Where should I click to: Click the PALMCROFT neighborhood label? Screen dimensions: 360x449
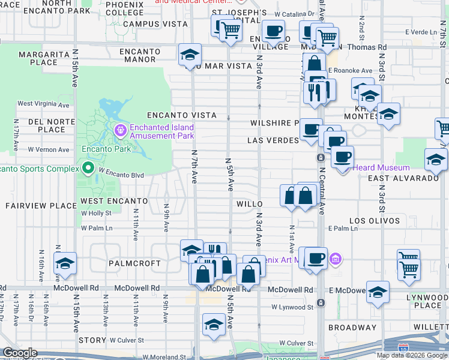(135, 263)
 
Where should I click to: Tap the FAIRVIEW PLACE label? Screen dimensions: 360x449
(33, 206)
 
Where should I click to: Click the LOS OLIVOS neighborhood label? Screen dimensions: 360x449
(375, 221)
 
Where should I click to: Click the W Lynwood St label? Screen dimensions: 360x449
(292, 307)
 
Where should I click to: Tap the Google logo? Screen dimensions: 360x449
(20, 353)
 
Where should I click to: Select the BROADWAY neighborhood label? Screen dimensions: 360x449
(352, 328)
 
